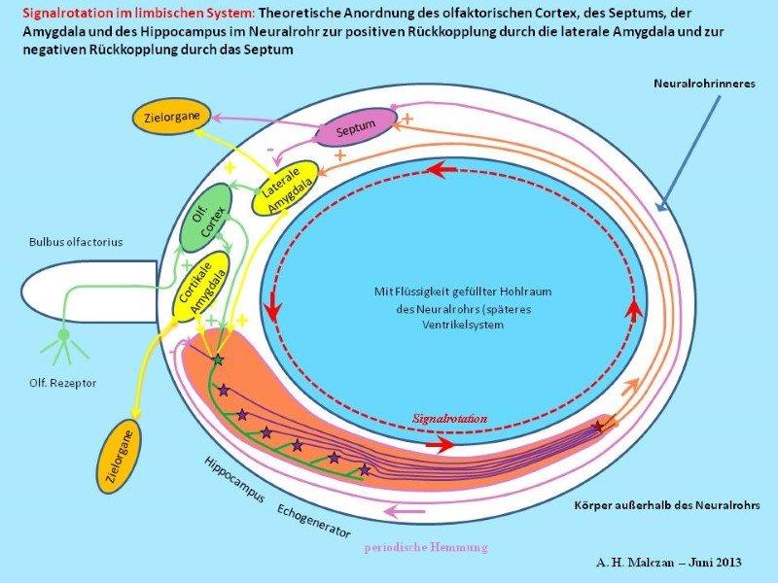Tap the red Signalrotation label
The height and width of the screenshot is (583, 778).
[x=449, y=417]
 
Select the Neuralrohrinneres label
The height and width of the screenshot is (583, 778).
[x=704, y=85]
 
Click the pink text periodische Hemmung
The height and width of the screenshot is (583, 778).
[x=426, y=548]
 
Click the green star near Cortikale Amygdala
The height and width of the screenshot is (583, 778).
[x=218, y=360]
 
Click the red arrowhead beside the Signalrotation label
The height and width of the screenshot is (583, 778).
[x=442, y=446]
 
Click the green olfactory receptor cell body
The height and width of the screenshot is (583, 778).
[x=63, y=336]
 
